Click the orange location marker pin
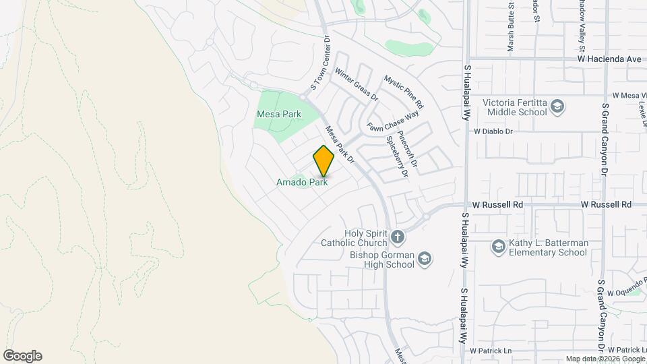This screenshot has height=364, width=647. click(323, 160)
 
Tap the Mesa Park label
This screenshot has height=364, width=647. click(278, 114)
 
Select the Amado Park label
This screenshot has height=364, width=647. click(302, 182)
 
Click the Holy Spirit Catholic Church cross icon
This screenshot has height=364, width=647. click(398, 237)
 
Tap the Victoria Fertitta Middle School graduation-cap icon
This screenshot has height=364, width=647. click(557, 107)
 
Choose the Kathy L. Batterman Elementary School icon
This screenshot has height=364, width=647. click(498, 247)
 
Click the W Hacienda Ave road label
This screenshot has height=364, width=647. click(609, 59)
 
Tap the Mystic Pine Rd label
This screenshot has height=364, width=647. click(403, 92)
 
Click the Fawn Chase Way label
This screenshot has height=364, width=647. click(393, 121)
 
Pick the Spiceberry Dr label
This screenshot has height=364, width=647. click(396, 156)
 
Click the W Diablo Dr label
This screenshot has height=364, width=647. click(493, 131)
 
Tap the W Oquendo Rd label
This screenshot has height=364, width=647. click(626, 293)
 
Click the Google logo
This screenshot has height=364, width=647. click(22, 356)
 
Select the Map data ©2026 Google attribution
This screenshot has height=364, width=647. click(604, 359)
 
